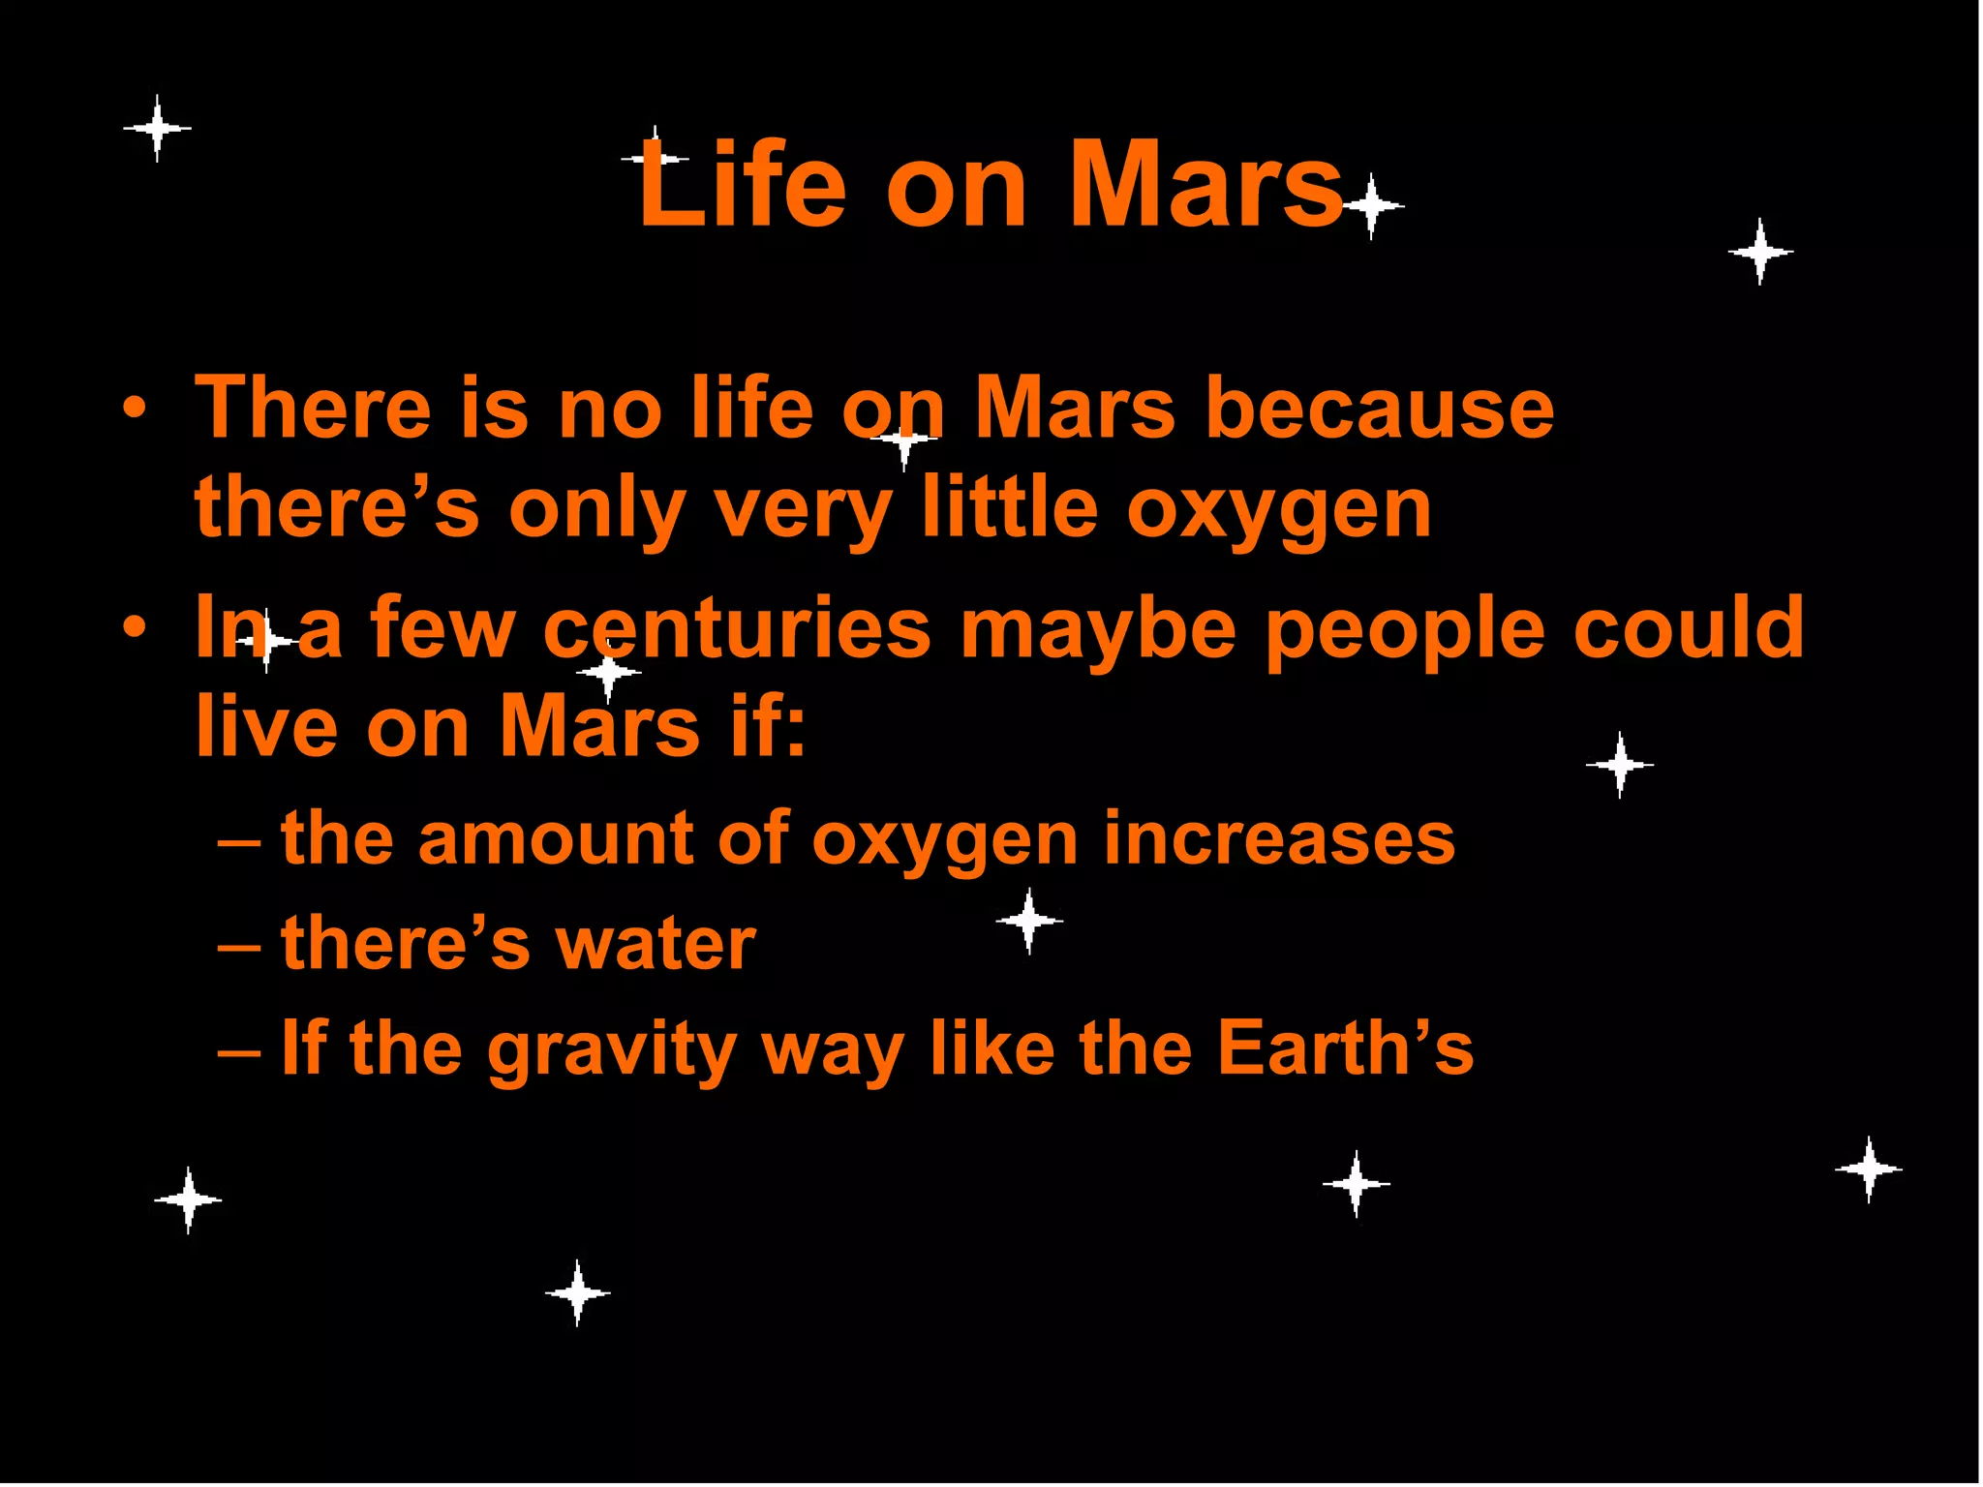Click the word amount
pos(556,837)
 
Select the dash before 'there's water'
pos(238,945)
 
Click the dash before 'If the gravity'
pos(238,1050)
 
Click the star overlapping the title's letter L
pos(656,158)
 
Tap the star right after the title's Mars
pos(1371,206)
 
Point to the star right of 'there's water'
pos(1029,921)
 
